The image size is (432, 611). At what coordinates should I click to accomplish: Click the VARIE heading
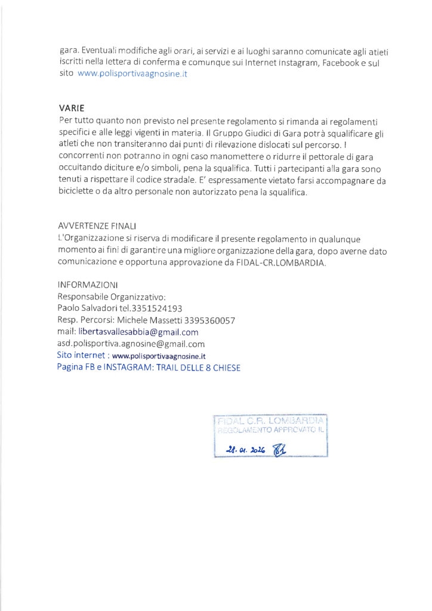tap(72, 109)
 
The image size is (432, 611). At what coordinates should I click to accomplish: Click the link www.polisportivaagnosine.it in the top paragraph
tap(132, 75)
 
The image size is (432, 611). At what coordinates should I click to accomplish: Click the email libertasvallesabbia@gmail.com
tap(138, 332)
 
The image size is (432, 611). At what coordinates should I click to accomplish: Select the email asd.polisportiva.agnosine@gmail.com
tap(131, 344)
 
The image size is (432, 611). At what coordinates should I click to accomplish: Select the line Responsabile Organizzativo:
tap(112, 297)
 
